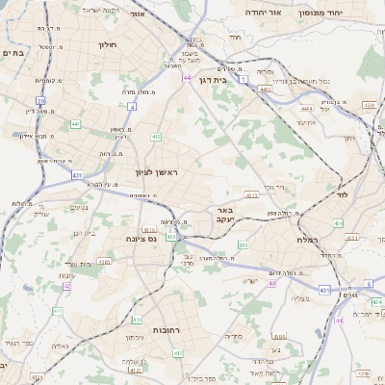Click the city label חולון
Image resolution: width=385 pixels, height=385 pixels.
tap(107, 43)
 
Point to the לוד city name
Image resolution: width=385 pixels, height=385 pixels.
tap(343, 194)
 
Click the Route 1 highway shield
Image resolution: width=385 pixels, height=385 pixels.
tap(244, 78)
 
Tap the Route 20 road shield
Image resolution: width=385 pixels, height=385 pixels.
tap(40, 100)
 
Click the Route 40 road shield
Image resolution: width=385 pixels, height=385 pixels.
tap(272, 284)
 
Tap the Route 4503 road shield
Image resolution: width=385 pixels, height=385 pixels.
tap(369, 104)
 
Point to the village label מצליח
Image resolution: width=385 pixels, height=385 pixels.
tap(299, 298)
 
